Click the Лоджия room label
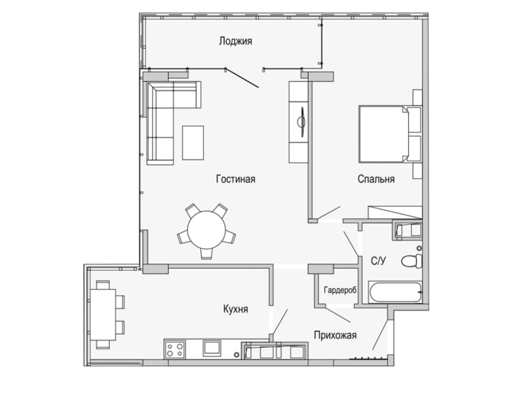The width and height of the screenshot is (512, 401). coord(236,42)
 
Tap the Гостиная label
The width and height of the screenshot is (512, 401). coord(236,179)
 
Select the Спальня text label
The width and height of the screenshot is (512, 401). coord(376,179)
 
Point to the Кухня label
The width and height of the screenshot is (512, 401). coord(236,309)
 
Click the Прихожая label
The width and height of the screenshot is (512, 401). coord(335,335)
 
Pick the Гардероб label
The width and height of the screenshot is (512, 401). coord(340,290)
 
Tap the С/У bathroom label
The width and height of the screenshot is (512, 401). coord(379,261)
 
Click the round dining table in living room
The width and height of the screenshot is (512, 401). coord(206,229)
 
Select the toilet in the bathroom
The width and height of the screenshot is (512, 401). coord(412,261)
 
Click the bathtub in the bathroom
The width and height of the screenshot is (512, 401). coord(395,292)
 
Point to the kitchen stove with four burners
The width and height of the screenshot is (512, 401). coord(175,349)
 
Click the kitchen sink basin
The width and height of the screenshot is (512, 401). coord(212,348)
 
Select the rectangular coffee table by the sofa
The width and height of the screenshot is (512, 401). coord(193,142)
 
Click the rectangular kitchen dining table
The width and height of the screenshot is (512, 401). coord(103,315)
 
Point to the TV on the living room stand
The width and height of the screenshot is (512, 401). coord(301,122)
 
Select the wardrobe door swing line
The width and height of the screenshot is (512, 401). coord(338,315)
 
